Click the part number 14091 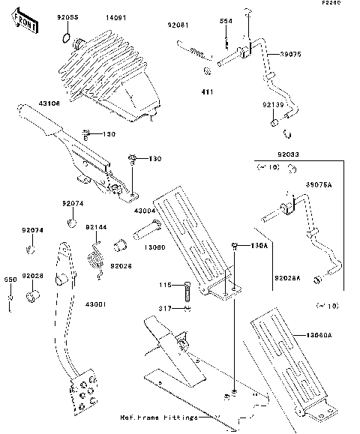point(115,16)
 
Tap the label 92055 point(68,16)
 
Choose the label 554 point(224,21)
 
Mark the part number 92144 point(95,226)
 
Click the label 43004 point(145,211)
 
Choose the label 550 point(10,280)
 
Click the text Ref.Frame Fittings point(159,417)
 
